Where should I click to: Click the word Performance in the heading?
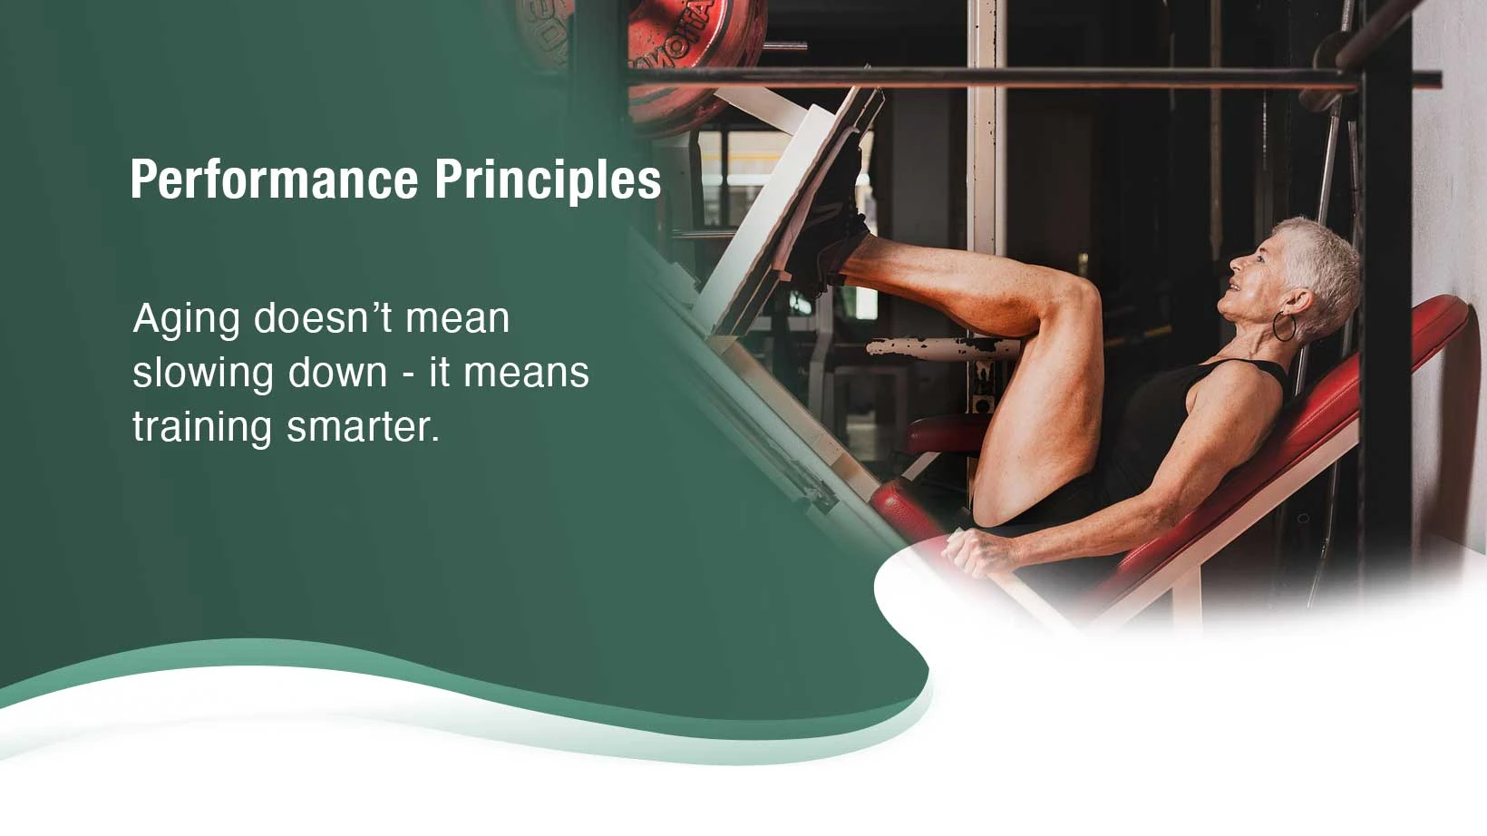click(x=274, y=179)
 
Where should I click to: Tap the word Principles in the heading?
click(x=548, y=179)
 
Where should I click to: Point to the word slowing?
click(x=203, y=374)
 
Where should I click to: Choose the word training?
click(x=202, y=428)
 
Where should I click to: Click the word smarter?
click(x=363, y=427)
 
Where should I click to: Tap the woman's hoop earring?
click(x=1284, y=327)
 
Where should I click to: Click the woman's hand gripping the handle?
click(x=976, y=552)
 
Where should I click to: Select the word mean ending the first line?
click(x=457, y=320)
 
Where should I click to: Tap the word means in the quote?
click(x=526, y=374)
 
